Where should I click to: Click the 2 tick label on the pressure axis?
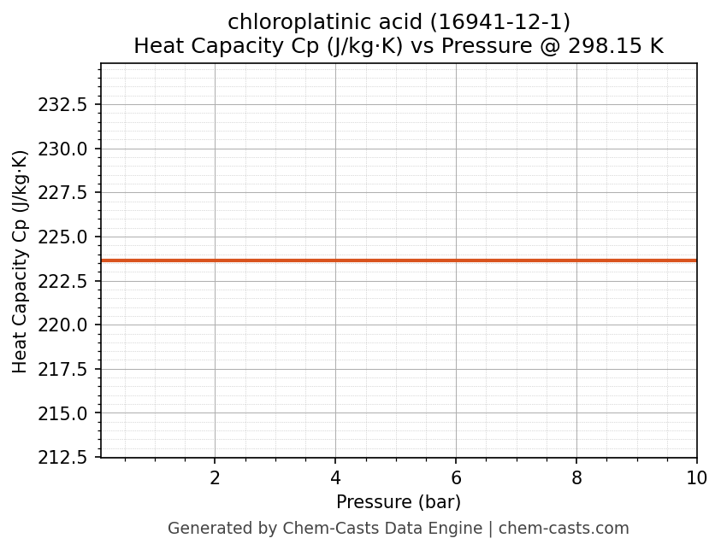pos(215,478)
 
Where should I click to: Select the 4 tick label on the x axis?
pos(335,478)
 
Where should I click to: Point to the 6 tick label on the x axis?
pos(456,478)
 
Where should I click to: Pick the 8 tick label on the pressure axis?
pos(576,478)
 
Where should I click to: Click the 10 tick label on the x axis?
pos(697,478)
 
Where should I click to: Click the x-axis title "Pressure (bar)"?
pos(399,502)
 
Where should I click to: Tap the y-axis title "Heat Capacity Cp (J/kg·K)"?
pos(21,261)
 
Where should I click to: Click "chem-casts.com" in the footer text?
pos(564,529)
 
